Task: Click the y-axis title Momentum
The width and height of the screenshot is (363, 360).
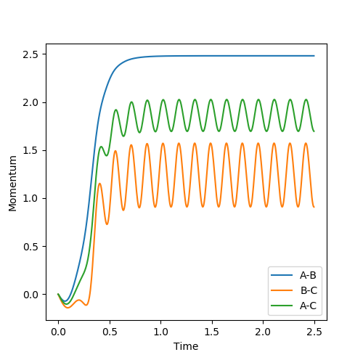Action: click(12, 184)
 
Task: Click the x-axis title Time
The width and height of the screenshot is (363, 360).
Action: click(186, 346)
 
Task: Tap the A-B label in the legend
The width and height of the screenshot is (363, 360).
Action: click(308, 275)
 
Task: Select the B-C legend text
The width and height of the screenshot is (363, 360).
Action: click(309, 290)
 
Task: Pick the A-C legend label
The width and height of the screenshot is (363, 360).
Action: click(308, 306)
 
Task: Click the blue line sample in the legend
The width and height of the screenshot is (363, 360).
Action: click(282, 275)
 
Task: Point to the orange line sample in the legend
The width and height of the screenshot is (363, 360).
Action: click(282, 290)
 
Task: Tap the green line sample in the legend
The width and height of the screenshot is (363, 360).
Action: click(282, 306)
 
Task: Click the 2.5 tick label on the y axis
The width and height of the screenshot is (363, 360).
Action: click(30, 54)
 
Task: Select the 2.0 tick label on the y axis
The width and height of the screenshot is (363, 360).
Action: click(30, 103)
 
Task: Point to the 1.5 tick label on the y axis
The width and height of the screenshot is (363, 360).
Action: click(30, 151)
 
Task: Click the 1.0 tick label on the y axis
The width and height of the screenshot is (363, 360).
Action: click(30, 199)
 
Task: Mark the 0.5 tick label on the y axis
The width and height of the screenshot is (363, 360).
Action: click(30, 247)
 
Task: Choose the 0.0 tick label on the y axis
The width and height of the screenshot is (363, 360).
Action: click(30, 295)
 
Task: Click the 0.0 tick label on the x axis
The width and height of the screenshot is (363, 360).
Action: click(58, 332)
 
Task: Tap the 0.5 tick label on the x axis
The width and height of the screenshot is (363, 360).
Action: click(110, 332)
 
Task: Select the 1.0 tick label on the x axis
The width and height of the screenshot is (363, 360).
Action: click(161, 332)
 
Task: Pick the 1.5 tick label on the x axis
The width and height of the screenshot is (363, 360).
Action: click(212, 332)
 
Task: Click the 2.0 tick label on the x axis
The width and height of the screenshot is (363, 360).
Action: click(264, 332)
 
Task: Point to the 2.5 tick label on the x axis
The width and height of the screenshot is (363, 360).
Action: click(314, 332)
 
